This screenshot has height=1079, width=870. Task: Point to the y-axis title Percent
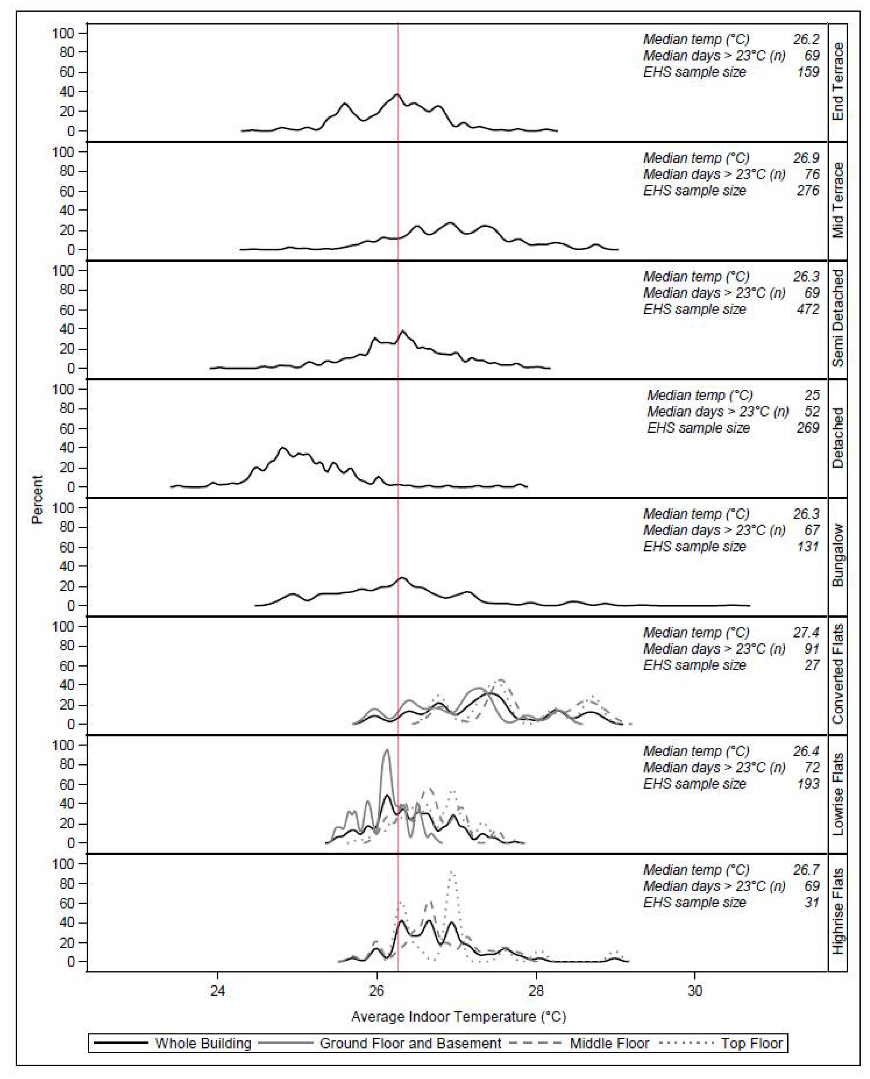[x=37, y=499]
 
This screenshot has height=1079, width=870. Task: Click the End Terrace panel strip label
[x=837, y=82]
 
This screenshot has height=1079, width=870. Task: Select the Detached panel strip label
[x=837, y=438]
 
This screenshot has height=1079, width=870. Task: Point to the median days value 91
[x=812, y=649]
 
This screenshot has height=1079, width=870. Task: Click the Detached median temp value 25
[x=812, y=396]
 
